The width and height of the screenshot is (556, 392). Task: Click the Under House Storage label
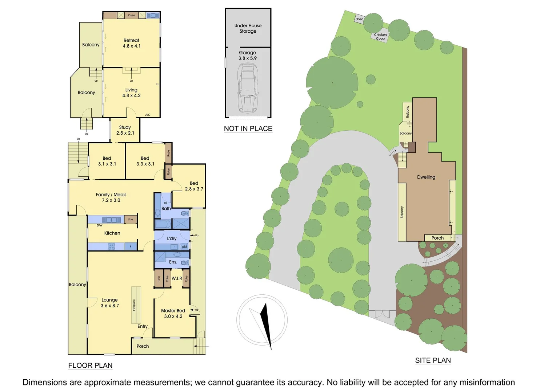[x=248, y=28]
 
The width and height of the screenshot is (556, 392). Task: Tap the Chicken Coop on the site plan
[x=380, y=37]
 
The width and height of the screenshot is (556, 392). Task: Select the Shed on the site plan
[x=359, y=19]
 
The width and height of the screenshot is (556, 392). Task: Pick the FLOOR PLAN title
[x=90, y=366]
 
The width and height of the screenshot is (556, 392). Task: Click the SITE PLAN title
[x=433, y=360]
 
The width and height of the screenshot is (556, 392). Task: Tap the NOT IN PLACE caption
[x=248, y=128]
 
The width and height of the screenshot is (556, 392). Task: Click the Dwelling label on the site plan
[x=426, y=177]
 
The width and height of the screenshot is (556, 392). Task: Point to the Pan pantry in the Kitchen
[x=131, y=219]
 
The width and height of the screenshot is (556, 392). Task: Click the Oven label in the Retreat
[x=132, y=15]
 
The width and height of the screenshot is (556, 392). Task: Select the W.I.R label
[x=177, y=278]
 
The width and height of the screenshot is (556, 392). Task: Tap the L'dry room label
[x=172, y=238]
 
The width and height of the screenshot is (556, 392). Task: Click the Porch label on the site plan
[x=437, y=238]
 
